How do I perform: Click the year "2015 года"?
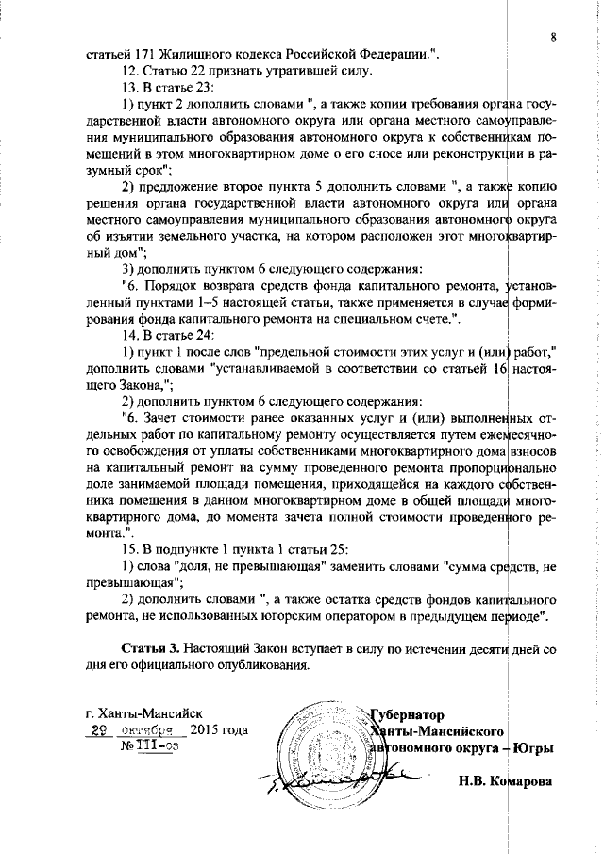(219, 731)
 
